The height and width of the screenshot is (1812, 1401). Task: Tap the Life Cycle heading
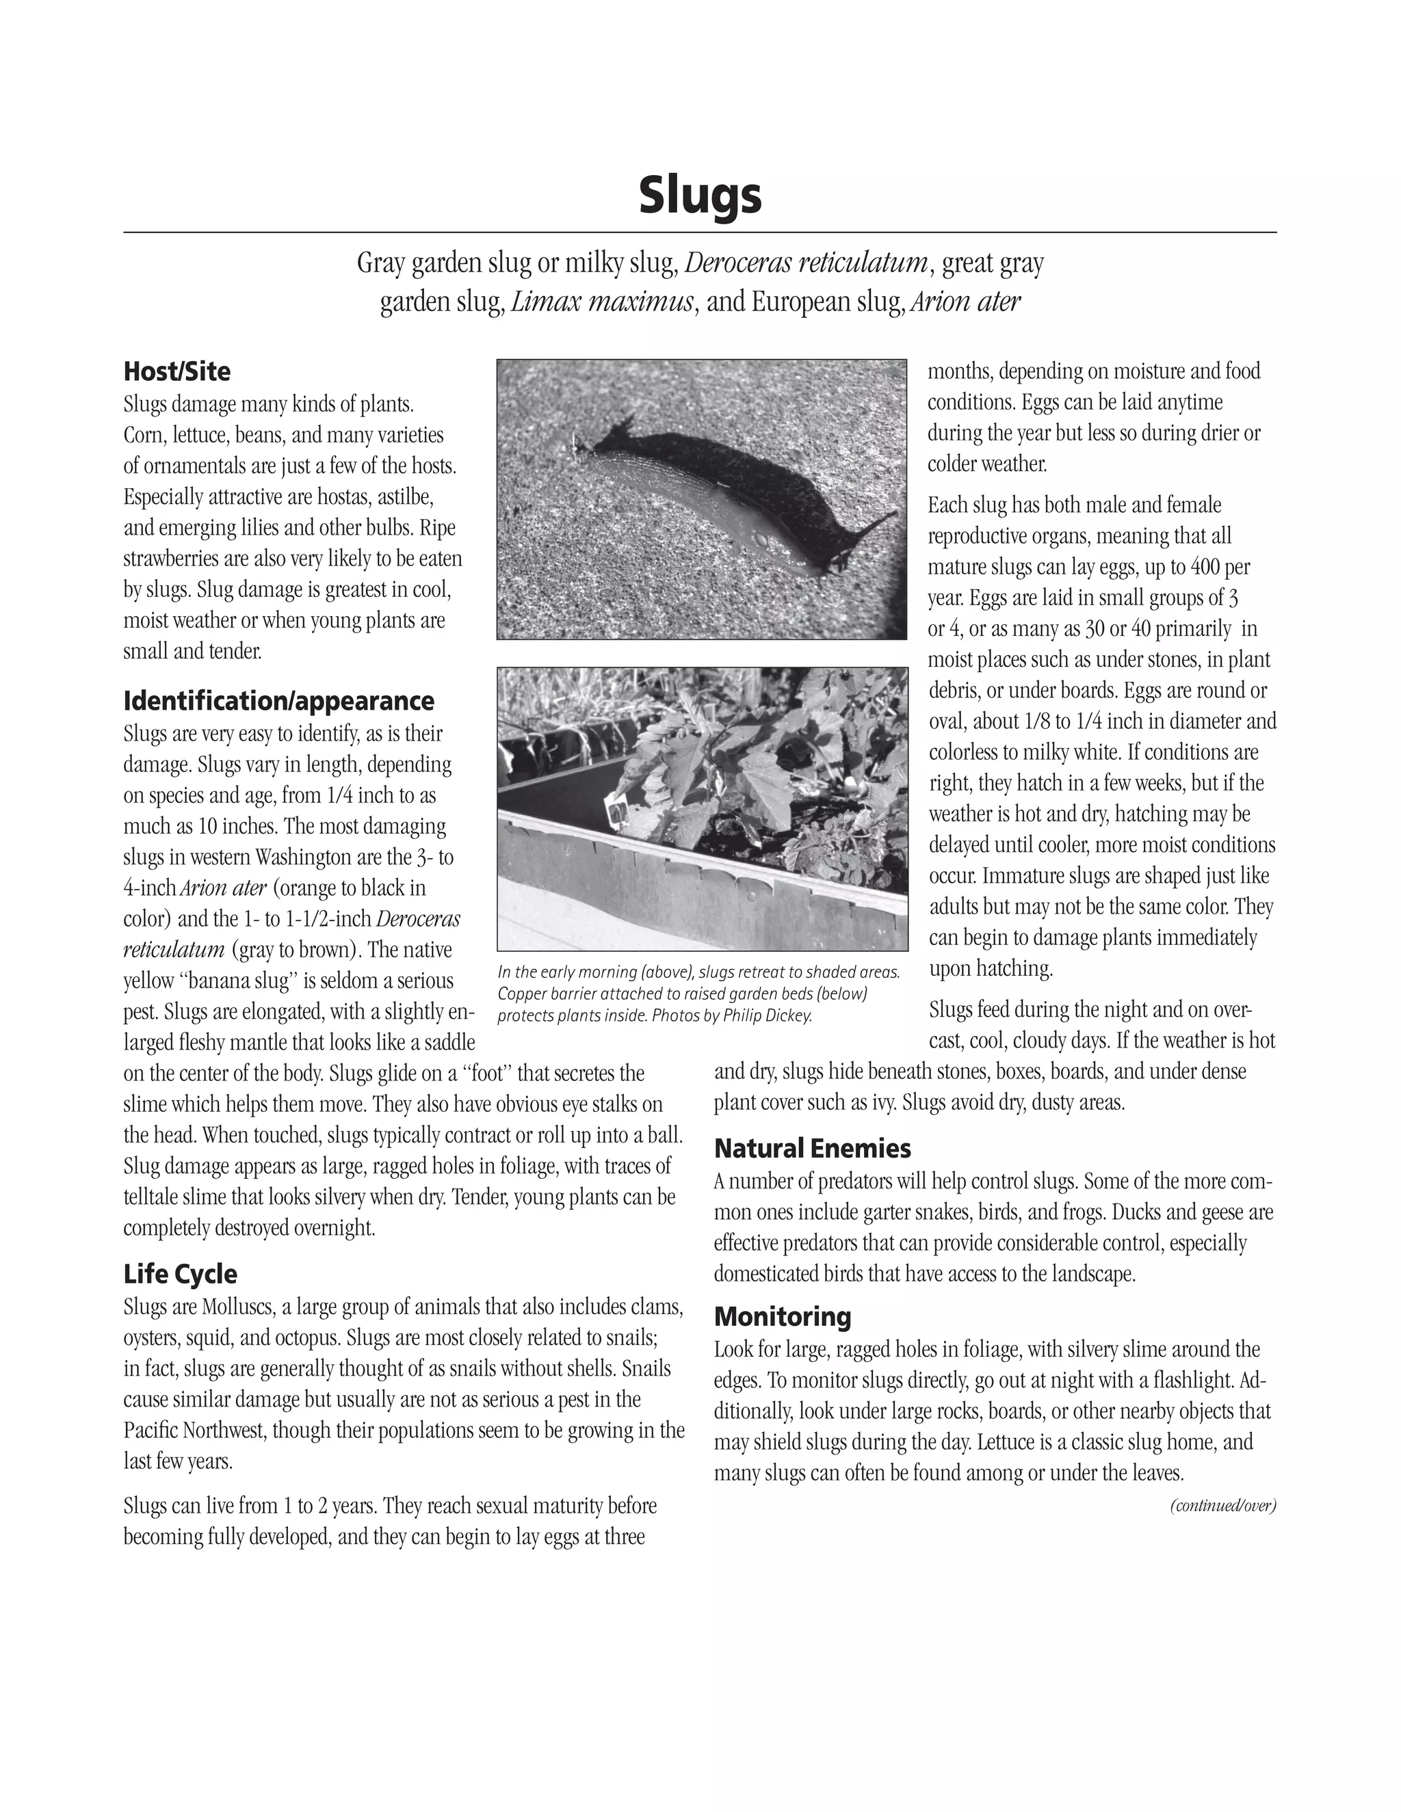click(180, 1274)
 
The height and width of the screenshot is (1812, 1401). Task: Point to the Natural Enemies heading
click(812, 1148)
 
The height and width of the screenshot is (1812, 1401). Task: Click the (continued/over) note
click(1222, 1506)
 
